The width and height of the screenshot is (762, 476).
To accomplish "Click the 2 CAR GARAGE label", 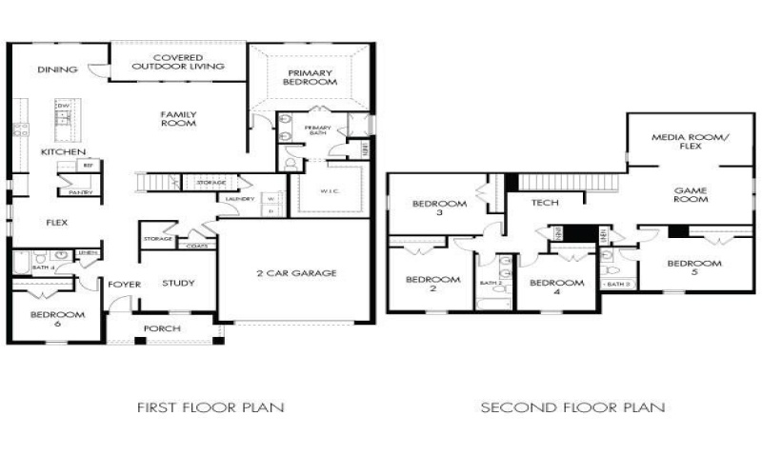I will point(296,273).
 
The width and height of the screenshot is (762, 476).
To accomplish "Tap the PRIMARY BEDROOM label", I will point(311,77).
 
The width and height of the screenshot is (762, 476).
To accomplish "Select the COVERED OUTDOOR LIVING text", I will point(177,62).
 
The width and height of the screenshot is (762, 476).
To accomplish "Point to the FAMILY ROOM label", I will point(178,118).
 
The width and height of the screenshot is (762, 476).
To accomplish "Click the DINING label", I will point(56,69).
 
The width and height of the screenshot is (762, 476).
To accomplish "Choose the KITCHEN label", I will point(64,152).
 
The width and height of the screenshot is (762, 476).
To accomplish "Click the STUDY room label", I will point(178,283).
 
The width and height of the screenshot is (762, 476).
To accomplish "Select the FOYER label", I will point(124,284).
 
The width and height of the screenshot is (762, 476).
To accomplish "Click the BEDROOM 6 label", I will point(57,319).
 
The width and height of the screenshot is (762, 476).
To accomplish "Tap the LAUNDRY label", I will point(240,199).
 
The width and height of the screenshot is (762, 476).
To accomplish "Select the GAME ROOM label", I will point(689,194).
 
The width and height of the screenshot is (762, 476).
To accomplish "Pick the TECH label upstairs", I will point(544,202).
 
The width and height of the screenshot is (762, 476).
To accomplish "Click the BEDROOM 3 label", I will point(439,208).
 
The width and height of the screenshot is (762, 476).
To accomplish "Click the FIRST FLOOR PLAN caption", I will point(211,407).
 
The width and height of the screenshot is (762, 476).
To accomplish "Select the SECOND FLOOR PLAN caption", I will point(572,407).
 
